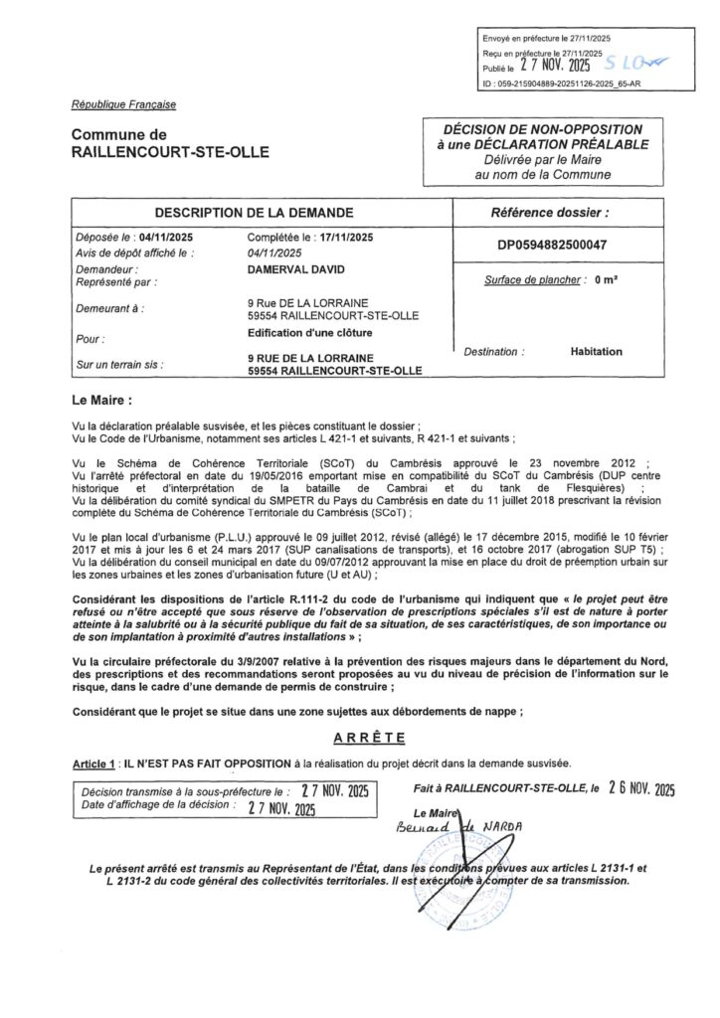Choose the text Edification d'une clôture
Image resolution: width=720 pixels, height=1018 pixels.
click(308, 332)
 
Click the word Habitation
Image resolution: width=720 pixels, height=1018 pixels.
click(596, 351)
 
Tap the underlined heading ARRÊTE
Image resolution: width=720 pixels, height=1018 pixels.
click(360, 738)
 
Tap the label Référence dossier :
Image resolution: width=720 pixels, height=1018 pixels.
click(551, 213)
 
